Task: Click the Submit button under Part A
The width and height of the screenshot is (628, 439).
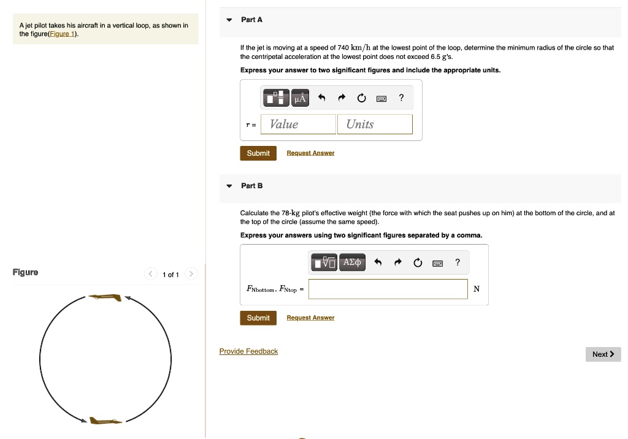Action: [258, 153]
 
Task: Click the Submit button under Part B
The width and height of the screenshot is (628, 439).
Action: [258, 318]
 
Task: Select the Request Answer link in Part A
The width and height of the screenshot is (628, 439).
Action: [310, 153]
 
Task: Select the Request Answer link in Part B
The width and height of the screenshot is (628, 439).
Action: [310, 318]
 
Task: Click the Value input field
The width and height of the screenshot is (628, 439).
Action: [298, 124]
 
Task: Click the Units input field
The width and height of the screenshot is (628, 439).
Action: [375, 124]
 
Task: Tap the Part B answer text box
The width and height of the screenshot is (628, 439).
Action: [388, 289]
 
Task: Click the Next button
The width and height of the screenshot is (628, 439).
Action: [603, 354]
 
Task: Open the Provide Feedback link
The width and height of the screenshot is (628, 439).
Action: [248, 351]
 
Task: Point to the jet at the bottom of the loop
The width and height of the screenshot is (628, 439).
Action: [105, 421]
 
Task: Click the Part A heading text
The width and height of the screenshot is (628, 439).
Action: [251, 20]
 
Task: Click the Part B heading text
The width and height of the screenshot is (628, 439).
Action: [251, 185]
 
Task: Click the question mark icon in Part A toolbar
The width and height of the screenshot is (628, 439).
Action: [401, 97]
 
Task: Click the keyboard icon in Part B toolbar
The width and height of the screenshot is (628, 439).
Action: [437, 263]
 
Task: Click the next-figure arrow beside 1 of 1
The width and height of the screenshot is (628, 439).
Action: [191, 274]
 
